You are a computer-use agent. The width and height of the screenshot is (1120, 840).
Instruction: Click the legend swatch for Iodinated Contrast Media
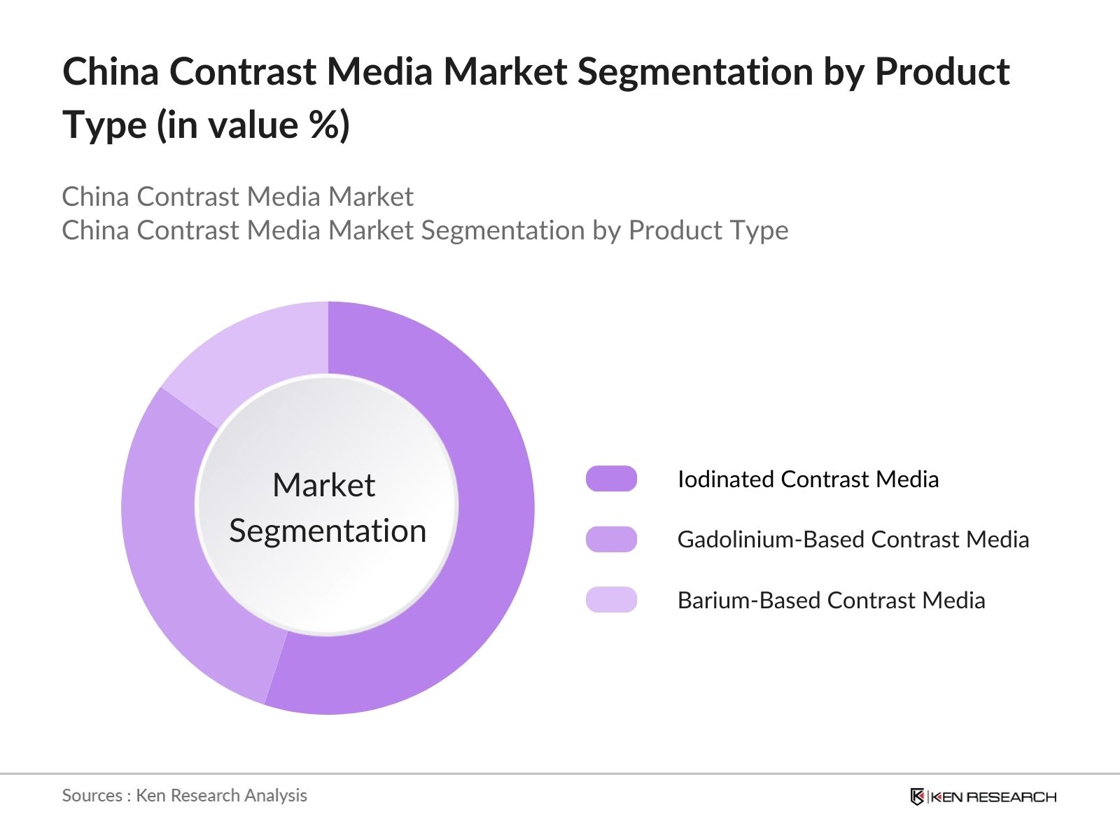click(611, 479)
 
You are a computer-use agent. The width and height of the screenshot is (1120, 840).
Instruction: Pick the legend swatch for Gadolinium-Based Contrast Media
click(611, 540)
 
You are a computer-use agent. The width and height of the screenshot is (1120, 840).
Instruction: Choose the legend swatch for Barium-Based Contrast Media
click(611, 600)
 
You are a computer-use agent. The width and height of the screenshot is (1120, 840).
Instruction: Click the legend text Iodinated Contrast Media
click(808, 479)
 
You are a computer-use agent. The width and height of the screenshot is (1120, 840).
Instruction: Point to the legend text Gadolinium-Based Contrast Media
click(853, 540)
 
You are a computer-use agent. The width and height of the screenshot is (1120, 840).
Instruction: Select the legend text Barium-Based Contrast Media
click(831, 601)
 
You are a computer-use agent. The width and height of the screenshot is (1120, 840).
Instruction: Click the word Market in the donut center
click(323, 485)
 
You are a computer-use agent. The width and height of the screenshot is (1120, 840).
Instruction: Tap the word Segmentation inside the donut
click(328, 531)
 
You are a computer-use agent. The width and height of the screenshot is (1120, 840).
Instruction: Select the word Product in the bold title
click(942, 71)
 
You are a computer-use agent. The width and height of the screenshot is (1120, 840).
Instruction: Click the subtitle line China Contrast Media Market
click(237, 197)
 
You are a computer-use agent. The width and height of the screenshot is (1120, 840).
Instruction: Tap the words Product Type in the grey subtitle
click(708, 230)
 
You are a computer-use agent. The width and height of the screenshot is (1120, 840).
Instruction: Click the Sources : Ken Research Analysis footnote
click(184, 795)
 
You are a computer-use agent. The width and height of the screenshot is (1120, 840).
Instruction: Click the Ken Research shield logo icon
click(917, 797)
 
